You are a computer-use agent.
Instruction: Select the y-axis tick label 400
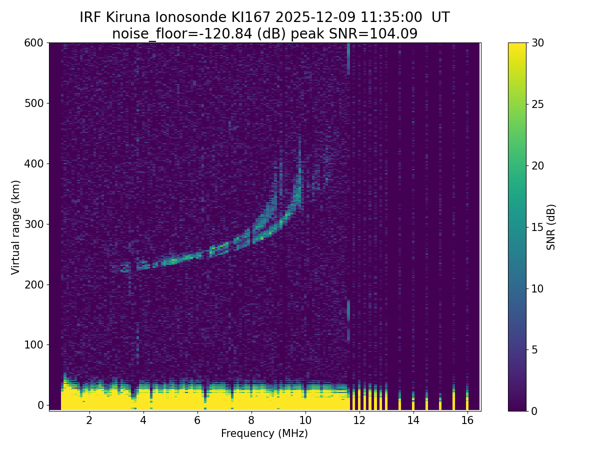tap(33, 163)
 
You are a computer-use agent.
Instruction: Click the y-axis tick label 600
tap(33, 43)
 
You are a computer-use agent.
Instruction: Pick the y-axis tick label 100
tap(33, 344)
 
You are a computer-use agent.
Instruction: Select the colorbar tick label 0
tap(534, 411)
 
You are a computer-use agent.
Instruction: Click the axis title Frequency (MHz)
tap(264, 433)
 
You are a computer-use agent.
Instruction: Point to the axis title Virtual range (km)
tap(16, 227)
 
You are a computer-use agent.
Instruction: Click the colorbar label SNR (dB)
tap(551, 227)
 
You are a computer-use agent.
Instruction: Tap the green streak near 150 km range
tap(348, 310)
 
